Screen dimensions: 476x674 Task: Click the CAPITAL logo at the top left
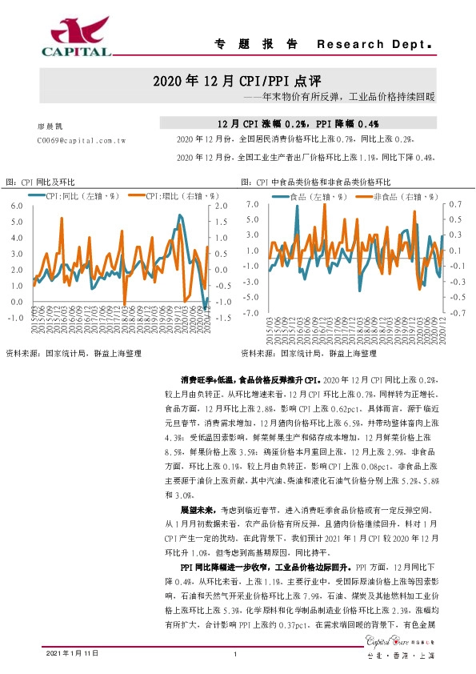pos(76,38)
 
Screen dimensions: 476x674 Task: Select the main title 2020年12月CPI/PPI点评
pos(238,82)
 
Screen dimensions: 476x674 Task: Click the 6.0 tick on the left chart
pos(17,207)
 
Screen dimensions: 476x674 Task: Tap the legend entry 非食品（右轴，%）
pos(399,195)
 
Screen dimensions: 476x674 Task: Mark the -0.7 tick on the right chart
pos(454,313)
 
